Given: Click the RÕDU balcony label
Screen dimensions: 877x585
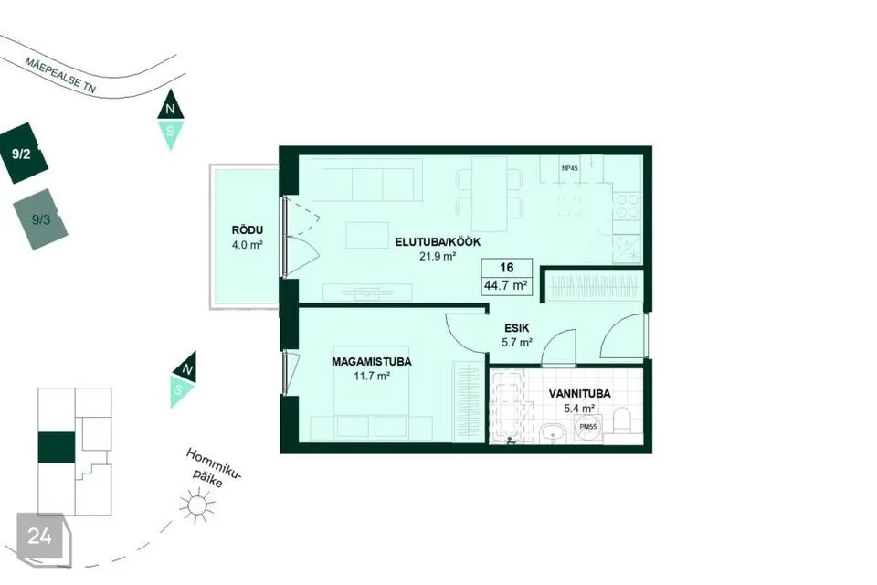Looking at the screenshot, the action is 248,230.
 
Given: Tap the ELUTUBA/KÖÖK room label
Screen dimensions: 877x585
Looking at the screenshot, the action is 438,242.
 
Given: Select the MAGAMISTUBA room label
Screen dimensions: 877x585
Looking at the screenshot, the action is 372,362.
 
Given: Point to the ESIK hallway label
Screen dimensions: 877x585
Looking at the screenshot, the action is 516,328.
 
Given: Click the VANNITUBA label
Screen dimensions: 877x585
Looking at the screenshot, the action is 579,394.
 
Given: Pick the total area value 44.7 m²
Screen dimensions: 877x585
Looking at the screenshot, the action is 506,285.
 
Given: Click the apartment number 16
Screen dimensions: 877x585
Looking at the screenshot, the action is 507,268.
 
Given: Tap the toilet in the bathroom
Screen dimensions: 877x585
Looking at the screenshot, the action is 622,421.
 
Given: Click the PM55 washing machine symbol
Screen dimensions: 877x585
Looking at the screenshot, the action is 587,427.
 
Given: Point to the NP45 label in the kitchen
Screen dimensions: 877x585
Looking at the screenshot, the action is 569,167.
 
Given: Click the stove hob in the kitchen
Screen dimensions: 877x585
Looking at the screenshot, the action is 627,206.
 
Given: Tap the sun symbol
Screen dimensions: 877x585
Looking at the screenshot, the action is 196,505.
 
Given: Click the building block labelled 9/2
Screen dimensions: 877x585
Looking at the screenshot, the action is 23,153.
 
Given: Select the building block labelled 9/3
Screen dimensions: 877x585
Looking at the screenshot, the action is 41,219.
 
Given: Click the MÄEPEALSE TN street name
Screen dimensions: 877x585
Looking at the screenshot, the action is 60,74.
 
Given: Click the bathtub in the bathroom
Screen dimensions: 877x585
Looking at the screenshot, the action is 507,406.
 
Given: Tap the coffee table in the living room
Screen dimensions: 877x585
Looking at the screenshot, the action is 367,235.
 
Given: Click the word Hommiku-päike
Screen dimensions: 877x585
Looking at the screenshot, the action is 211,468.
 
